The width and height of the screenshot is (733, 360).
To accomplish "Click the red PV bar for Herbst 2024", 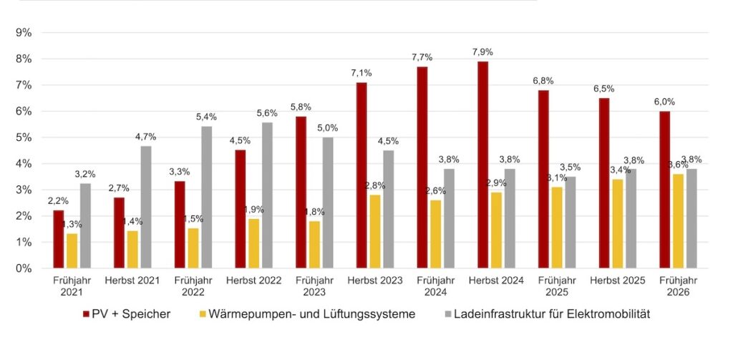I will pos(482,165).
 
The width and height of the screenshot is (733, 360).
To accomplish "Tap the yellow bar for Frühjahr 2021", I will pos(72,250).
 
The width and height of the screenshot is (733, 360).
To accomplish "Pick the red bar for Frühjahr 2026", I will pos(665,190).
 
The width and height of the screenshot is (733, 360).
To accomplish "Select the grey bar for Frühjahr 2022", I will pos(206,198).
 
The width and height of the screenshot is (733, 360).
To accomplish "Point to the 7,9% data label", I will pos(482,52).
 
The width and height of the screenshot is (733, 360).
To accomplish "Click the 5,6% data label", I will pos(266,113).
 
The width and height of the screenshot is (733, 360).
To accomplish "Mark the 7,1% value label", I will pos(361,73).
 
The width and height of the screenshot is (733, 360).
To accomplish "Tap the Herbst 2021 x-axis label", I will pos(132,280).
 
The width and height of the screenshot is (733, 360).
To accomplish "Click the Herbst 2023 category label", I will pos(375,280).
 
